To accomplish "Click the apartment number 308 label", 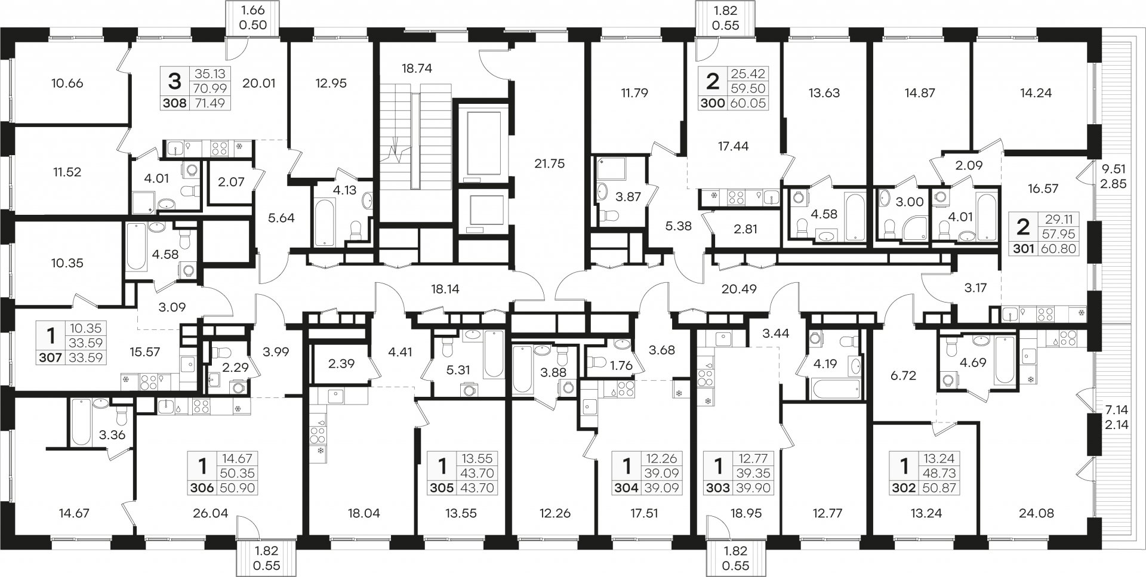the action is (175, 103).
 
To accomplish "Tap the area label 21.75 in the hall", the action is (549, 163).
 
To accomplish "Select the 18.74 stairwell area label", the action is (417, 69).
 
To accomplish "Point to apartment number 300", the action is (713, 103).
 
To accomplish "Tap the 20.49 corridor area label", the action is (738, 289).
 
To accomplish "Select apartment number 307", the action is (51, 358).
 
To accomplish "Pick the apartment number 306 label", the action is (202, 488).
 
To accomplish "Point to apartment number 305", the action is (441, 488).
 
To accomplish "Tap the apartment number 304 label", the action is (626, 488).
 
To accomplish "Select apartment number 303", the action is (717, 488).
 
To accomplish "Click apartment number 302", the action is (904, 488).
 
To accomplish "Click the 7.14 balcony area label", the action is (1113, 411).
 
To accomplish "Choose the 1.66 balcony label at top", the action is (254, 10).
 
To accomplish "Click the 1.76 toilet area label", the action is (621, 366).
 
